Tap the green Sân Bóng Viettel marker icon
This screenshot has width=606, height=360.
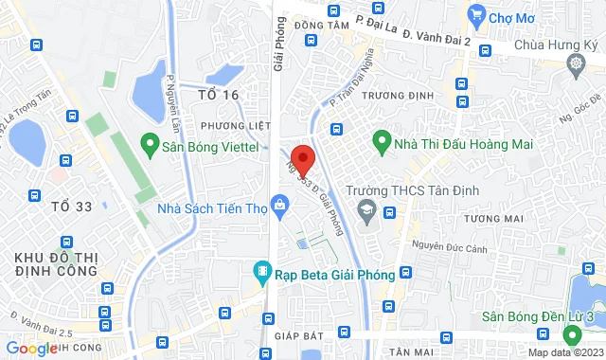click(149, 145)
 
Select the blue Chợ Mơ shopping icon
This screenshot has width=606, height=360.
click(475, 15)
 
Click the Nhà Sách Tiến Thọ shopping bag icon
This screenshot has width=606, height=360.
click(279, 204)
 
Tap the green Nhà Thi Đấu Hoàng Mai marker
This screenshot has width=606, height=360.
click(382, 143)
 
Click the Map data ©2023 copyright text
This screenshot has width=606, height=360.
click(564, 353)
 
